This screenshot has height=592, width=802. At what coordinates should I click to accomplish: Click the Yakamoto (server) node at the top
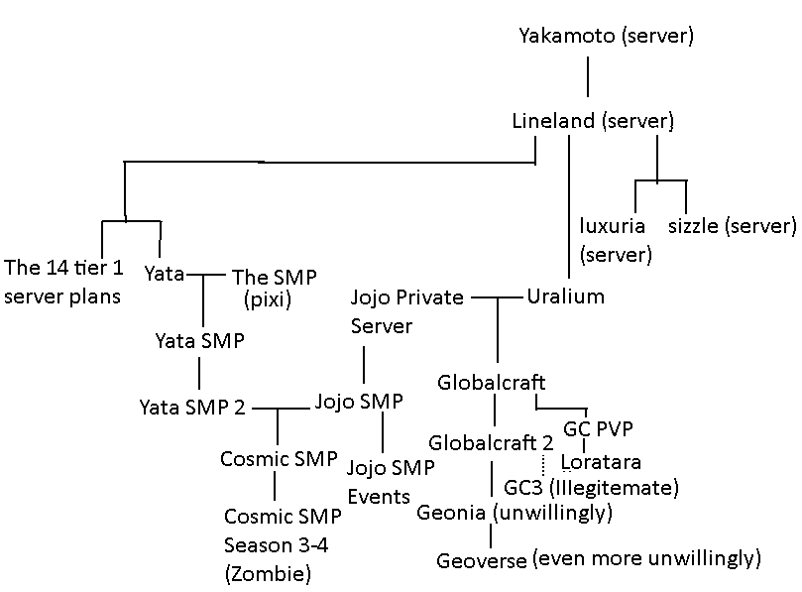pos(606,37)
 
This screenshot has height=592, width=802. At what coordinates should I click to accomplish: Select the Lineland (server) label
pos(593,122)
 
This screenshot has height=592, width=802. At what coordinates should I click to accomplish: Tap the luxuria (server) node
pos(615,240)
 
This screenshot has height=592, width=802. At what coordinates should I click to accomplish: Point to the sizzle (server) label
pos(732,226)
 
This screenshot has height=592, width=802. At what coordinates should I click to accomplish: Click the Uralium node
pos(565,296)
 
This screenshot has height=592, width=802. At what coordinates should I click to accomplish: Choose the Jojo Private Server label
pos(406,311)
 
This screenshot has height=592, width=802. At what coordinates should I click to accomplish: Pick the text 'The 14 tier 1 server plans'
pos(62,282)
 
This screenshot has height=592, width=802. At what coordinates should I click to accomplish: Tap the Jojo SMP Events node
pos(378,481)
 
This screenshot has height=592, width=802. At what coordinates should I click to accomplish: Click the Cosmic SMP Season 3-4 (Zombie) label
pos(283,544)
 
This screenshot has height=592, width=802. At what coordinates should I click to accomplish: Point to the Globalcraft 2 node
pos(491,441)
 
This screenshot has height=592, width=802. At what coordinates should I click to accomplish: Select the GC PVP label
pos(598,429)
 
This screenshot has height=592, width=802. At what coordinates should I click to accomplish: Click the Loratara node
pos(601,462)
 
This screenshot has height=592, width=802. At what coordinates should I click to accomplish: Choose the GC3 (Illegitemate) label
pos(591,487)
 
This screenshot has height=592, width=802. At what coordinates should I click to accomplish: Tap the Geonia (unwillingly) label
pos(515,513)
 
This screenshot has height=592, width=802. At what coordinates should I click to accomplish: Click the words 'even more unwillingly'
pos(646,558)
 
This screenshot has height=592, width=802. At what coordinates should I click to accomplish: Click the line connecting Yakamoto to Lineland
pos(587,78)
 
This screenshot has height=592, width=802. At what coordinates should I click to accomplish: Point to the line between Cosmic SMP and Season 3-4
pos(275,486)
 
